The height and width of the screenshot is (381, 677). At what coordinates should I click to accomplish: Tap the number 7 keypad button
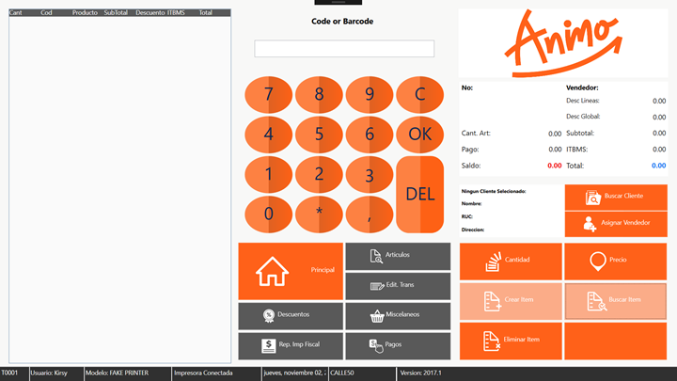click(x=269, y=95)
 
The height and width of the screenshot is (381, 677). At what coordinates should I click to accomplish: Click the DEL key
click(x=419, y=195)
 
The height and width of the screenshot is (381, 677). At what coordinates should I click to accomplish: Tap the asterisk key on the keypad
click(x=319, y=214)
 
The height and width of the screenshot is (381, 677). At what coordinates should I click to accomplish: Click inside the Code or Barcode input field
click(x=344, y=48)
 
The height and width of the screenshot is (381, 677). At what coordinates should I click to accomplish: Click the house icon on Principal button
click(x=272, y=271)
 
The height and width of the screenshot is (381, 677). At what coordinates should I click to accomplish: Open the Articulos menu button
click(x=398, y=256)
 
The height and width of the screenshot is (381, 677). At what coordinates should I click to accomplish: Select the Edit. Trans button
click(x=398, y=286)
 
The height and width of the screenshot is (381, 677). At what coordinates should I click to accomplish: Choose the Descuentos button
click(x=291, y=316)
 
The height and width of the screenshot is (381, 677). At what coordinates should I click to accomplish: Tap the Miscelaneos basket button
click(x=398, y=316)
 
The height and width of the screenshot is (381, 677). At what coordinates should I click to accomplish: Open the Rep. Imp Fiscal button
click(x=291, y=345)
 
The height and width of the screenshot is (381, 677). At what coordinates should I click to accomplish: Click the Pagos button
click(x=398, y=345)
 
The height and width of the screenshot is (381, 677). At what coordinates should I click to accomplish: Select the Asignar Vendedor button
click(x=616, y=224)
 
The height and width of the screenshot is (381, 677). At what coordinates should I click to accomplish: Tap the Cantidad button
click(x=511, y=262)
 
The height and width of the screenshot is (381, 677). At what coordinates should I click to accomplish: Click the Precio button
click(x=616, y=262)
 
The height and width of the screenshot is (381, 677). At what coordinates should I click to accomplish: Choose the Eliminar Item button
click(x=511, y=341)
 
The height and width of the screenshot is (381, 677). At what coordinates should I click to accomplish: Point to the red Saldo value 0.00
click(x=555, y=166)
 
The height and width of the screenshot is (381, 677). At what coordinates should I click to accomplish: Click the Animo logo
click(x=563, y=43)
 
